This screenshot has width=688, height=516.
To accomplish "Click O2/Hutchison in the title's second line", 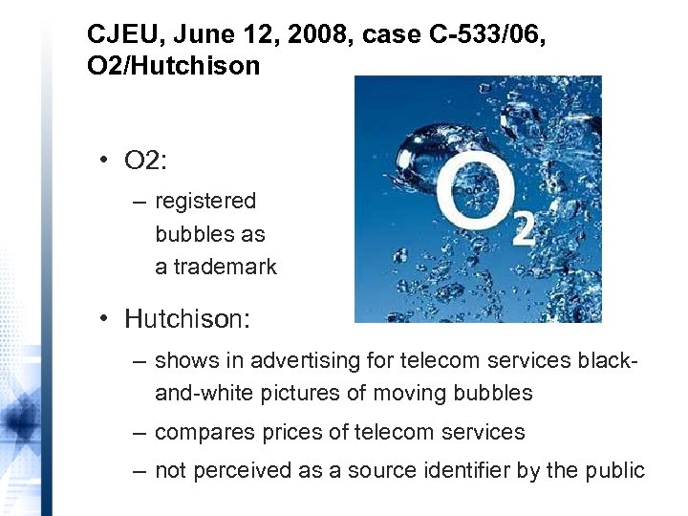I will coord(159,66).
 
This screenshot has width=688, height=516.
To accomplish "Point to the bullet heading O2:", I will coord(145,160).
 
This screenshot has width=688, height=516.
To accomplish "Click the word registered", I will coord(205,201).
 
